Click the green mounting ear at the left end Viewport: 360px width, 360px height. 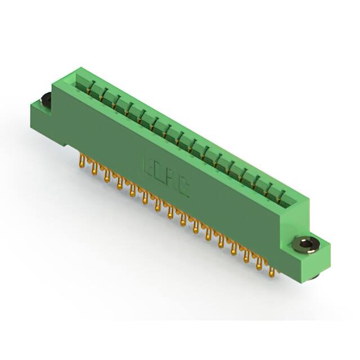click(x=42, y=110)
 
